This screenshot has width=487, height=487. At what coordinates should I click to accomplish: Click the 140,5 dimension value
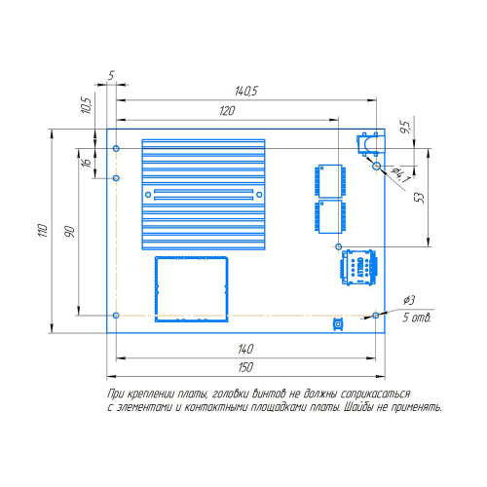pos(246,92)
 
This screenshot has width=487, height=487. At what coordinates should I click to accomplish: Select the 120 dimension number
pos(227,111)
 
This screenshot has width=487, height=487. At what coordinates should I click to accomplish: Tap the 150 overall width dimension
pos(245,367)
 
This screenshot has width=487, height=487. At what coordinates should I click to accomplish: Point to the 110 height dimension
pos(43,230)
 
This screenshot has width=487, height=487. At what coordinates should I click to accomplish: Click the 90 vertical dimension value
pos(69,232)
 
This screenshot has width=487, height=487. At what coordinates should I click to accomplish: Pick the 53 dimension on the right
pos(420,198)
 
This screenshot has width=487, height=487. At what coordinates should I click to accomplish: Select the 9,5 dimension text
pos(405,127)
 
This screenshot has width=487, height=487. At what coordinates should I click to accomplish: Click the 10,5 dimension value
pos(87,105)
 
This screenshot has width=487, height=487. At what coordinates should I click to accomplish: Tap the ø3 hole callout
pos(409,300)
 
